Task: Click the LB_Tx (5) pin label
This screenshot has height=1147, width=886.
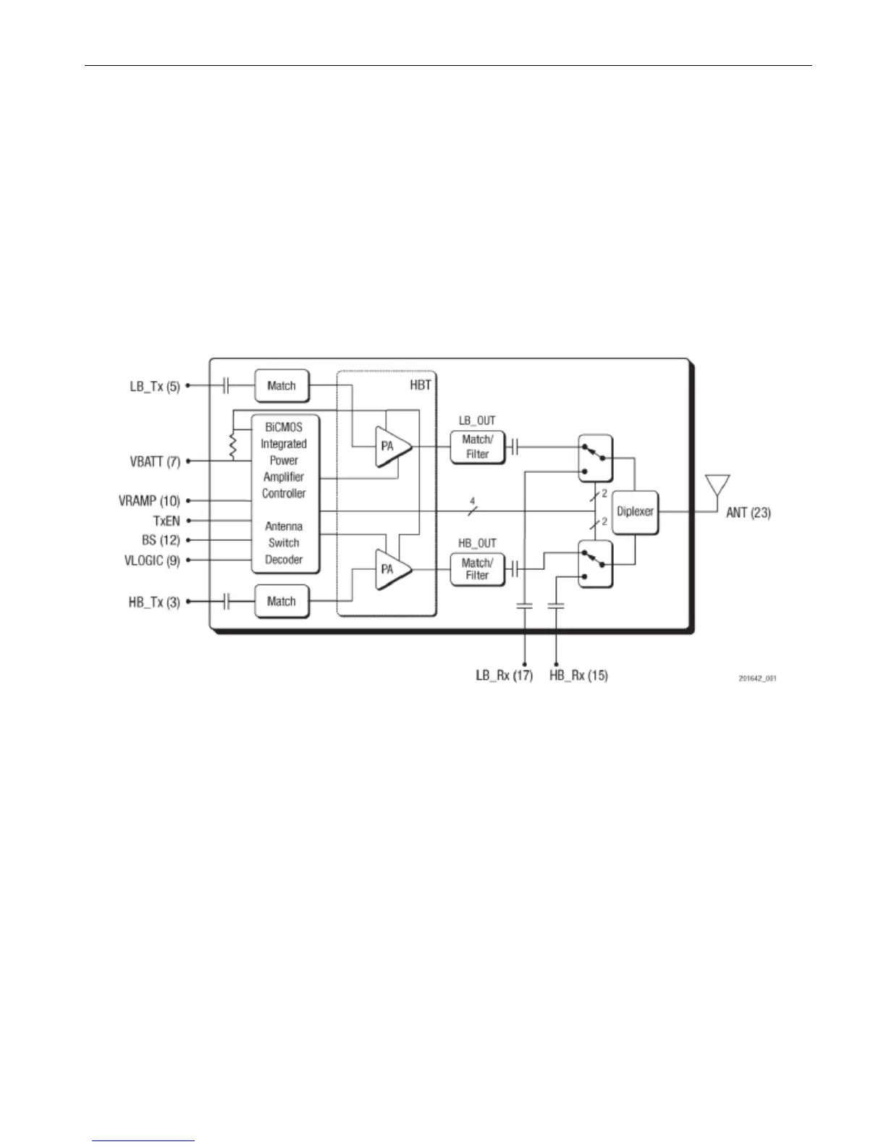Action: [154, 387]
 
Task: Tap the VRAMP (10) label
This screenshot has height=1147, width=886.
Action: [149, 500]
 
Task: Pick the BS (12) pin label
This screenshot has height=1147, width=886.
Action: [161, 540]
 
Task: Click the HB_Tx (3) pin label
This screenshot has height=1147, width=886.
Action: [154, 602]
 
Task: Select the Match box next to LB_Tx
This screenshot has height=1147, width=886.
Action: [282, 386]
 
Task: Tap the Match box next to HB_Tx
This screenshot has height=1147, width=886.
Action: [282, 601]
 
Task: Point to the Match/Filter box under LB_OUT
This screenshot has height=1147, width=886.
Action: [477, 447]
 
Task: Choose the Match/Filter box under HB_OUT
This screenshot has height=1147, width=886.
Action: [477, 569]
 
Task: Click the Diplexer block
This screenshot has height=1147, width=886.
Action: [635, 511]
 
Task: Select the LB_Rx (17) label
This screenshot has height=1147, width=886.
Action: [504, 676]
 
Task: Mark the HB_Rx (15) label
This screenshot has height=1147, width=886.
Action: [578, 676]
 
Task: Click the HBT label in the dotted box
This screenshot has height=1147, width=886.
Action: [421, 385]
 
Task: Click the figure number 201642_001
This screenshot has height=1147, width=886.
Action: [756, 679]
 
